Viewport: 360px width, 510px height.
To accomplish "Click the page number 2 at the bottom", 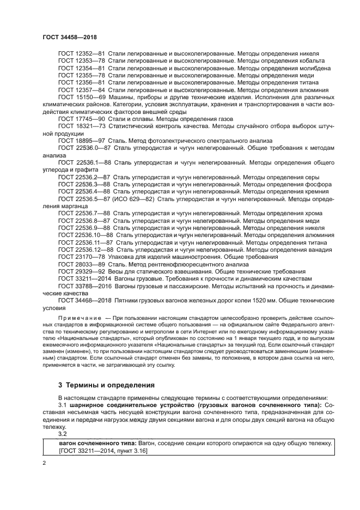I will (x=44, y=462).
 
